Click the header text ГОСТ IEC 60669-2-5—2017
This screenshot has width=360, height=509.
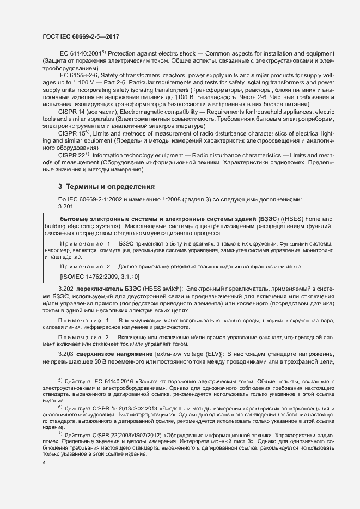click(x=82, y=36)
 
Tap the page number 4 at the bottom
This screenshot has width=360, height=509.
click(x=45, y=463)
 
